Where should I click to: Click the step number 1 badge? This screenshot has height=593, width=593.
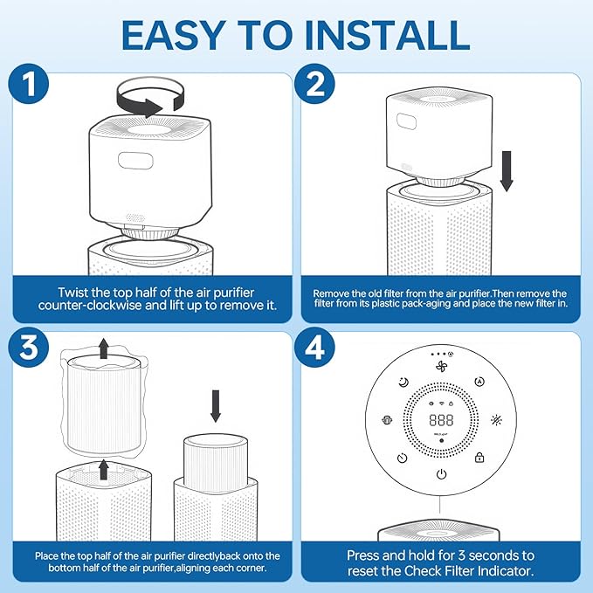pyautogui.click(x=28, y=83)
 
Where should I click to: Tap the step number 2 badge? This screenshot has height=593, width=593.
pyautogui.click(x=314, y=83)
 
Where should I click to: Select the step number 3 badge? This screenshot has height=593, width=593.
pyautogui.click(x=28, y=348)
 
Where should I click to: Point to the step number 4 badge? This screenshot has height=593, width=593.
pyautogui.click(x=314, y=348)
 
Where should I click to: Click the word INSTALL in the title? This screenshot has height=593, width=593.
pyautogui.click(x=387, y=35)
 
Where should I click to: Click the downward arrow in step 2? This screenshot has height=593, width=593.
pyautogui.click(x=507, y=171)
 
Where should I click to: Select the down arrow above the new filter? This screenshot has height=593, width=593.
pyautogui.click(x=216, y=406)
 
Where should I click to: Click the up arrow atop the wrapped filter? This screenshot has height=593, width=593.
pyautogui.click(x=103, y=348)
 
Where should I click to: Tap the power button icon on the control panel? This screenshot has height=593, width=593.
pyautogui.click(x=441, y=474)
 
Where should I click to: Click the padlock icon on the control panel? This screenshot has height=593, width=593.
pyautogui.click(x=479, y=458)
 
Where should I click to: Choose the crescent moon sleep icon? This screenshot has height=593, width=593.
pyautogui.click(x=403, y=383)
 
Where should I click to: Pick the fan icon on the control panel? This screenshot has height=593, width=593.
pyautogui.click(x=441, y=366)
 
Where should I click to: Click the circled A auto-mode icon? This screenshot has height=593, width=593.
pyautogui.click(x=479, y=382)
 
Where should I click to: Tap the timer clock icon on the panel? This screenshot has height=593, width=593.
pyautogui.click(x=403, y=458)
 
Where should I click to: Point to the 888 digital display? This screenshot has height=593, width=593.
pyautogui.click(x=441, y=420)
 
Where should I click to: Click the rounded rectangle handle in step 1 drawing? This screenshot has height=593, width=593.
pyautogui.click(x=135, y=161)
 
